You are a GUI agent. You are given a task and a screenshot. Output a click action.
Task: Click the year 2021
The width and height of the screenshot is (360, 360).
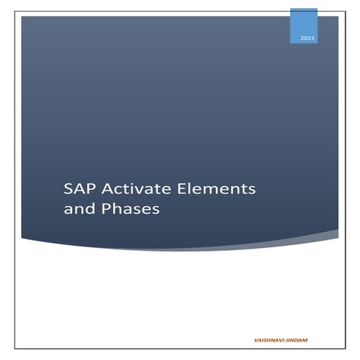coord(303,37)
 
